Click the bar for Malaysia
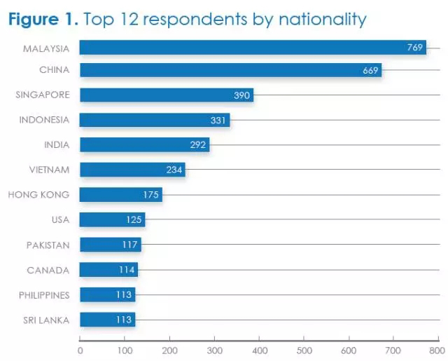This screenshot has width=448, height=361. click(x=252, y=48)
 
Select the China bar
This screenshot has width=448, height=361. click(x=231, y=70)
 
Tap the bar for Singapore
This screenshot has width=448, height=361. click(x=166, y=95)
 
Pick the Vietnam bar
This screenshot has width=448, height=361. click(x=132, y=170)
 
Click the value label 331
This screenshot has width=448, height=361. click(x=219, y=120)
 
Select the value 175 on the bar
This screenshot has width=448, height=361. click(x=150, y=195)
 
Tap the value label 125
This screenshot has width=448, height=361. click(x=134, y=220)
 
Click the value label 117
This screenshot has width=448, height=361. click(x=130, y=245)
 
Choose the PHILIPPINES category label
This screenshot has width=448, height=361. click(x=44, y=295)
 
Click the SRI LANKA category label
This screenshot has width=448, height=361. click(x=48, y=320)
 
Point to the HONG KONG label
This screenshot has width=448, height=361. click(x=38, y=195)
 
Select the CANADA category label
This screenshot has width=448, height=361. click(x=48, y=270)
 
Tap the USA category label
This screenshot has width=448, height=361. click(x=60, y=220)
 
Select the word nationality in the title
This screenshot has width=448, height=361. click(x=325, y=20)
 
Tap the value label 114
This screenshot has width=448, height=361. click(x=127, y=270)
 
